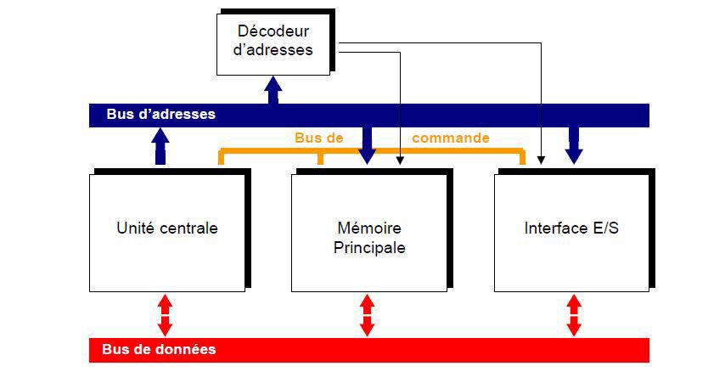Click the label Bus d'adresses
pyautogui.click(x=161, y=115)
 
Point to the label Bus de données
pyautogui.click(x=159, y=349)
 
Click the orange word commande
pyautogui.click(x=450, y=138)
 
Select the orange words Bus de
pyautogui.click(x=319, y=138)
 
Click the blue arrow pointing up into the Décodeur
pyautogui.click(x=273, y=90)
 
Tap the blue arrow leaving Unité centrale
pyautogui.click(x=160, y=146)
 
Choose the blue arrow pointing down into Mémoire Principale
pyautogui.click(x=367, y=146)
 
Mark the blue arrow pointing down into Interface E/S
pyautogui.click(x=574, y=146)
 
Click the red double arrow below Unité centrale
pyautogui.click(x=165, y=315)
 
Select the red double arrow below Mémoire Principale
pyautogui.click(x=367, y=315)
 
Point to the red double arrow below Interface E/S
pyautogui.click(x=574, y=315)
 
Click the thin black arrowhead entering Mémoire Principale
pyautogui.click(x=400, y=161)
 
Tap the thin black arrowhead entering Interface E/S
pyautogui.click(x=541, y=161)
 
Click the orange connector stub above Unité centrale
pyautogui.click(x=221, y=157)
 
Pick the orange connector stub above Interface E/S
pyautogui.click(x=522, y=157)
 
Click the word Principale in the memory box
pyautogui.click(x=369, y=248)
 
